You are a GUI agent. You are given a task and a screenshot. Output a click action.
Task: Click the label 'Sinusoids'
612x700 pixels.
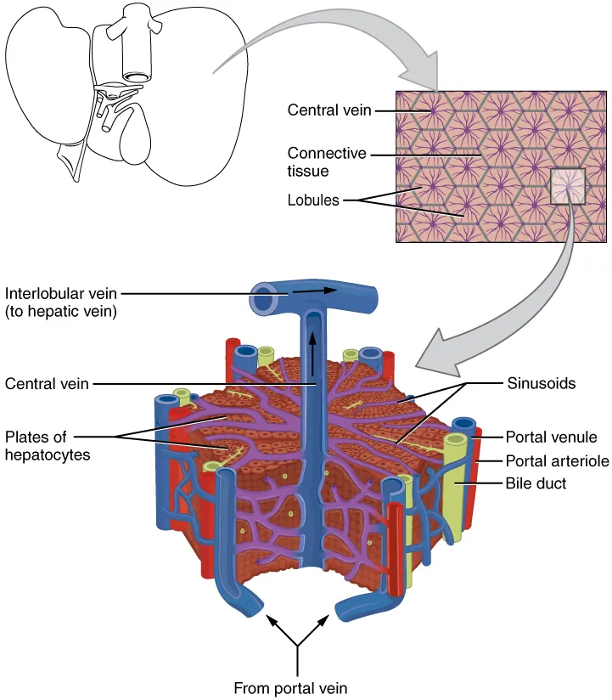542,383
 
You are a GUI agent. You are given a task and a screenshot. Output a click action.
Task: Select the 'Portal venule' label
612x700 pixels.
552,437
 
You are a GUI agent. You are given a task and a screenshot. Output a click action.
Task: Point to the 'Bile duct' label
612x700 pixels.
536,483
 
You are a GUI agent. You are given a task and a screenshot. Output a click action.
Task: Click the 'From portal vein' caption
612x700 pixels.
291,687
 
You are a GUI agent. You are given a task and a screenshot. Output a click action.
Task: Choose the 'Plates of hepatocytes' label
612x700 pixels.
48,446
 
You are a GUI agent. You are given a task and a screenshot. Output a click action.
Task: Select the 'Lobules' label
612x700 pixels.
313,200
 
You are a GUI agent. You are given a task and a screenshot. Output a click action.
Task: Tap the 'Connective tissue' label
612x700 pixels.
327,161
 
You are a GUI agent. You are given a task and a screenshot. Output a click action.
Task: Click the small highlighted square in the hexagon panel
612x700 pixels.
567,186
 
